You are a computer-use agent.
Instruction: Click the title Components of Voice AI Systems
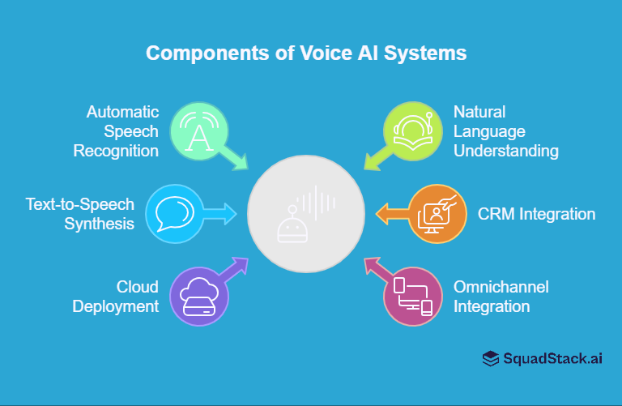pos(306,53)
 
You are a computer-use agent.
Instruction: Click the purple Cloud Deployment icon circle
pos(199,297)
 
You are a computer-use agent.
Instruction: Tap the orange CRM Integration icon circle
pos(437,214)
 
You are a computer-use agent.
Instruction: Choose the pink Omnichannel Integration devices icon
pos(412,297)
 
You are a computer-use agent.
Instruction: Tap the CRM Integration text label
pos(535,214)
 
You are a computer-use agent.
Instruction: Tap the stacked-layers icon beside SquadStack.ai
pos(490,358)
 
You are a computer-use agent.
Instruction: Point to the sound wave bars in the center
pos(317,202)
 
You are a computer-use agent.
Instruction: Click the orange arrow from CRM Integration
pos(392,214)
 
